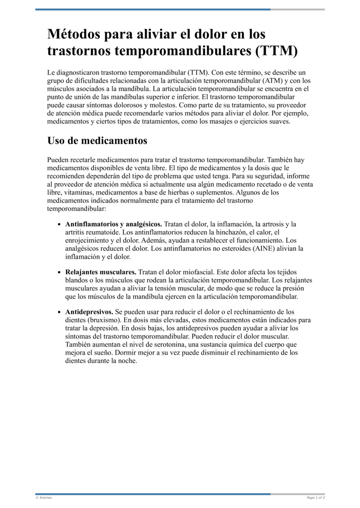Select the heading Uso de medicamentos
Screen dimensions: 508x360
[x=97, y=141]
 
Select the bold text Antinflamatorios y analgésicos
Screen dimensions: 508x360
[x=114, y=224]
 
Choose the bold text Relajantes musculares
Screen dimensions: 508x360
[x=101, y=272]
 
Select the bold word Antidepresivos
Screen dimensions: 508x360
[x=89, y=312]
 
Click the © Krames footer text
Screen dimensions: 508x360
[x=44, y=498]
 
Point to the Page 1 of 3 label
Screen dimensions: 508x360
[x=315, y=498]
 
